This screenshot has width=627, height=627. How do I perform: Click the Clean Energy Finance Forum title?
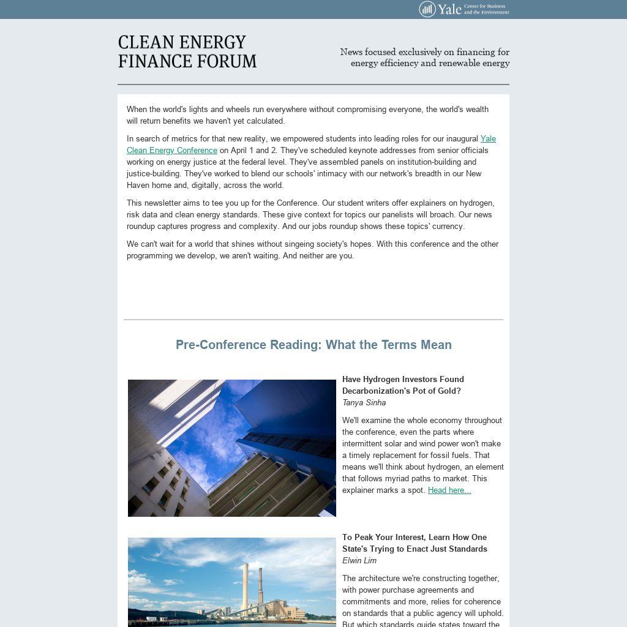pyautogui.click(x=187, y=52)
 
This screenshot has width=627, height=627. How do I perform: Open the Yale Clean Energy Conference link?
pyautogui.click(x=172, y=150)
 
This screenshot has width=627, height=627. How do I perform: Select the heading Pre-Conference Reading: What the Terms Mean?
pyautogui.click(x=313, y=345)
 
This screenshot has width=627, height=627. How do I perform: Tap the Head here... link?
pyautogui.click(x=449, y=490)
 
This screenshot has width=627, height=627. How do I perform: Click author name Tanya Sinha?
pyautogui.click(x=364, y=402)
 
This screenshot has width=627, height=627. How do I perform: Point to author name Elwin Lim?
pyautogui.click(x=359, y=560)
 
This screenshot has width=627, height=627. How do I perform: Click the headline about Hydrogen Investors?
pyautogui.click(x=402, y=385)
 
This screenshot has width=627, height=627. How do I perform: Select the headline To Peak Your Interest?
pyautogui.click(x=415, y=543)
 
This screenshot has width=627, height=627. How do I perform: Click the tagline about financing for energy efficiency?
pyautogui.click(x=425, y=58)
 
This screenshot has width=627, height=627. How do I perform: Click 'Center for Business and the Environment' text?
pyautogui.click(x=486, y=9)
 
